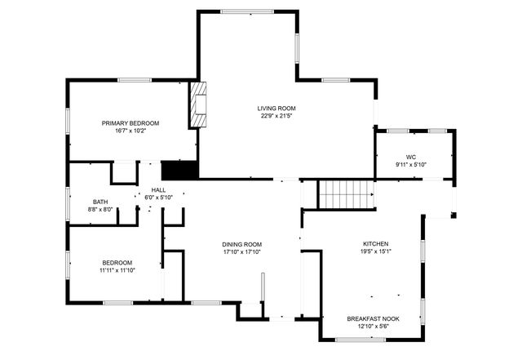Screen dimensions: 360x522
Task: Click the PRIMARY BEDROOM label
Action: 130,123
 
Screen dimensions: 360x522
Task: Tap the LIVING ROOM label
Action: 276,108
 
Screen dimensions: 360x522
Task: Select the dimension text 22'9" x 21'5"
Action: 276,116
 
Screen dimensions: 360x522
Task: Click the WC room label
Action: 411,157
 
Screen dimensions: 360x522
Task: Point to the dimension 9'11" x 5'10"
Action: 411,165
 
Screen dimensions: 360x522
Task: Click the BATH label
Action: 100,202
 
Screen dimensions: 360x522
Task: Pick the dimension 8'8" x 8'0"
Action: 100,210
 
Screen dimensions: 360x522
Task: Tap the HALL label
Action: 158,189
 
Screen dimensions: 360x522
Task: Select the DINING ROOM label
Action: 242,244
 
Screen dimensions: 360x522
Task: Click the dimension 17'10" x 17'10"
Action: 242,252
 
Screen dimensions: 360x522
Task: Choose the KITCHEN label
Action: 376,243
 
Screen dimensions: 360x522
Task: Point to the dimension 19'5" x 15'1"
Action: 376,251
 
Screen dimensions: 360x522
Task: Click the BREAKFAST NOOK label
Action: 374,318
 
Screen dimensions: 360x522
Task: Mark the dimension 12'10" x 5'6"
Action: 374,327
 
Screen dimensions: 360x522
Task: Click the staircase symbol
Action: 345,194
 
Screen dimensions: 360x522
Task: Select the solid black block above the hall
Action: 179,170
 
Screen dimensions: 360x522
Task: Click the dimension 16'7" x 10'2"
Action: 130,131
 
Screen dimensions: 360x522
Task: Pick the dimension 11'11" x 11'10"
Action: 117,270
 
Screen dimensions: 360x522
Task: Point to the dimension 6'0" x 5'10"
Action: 158,198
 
